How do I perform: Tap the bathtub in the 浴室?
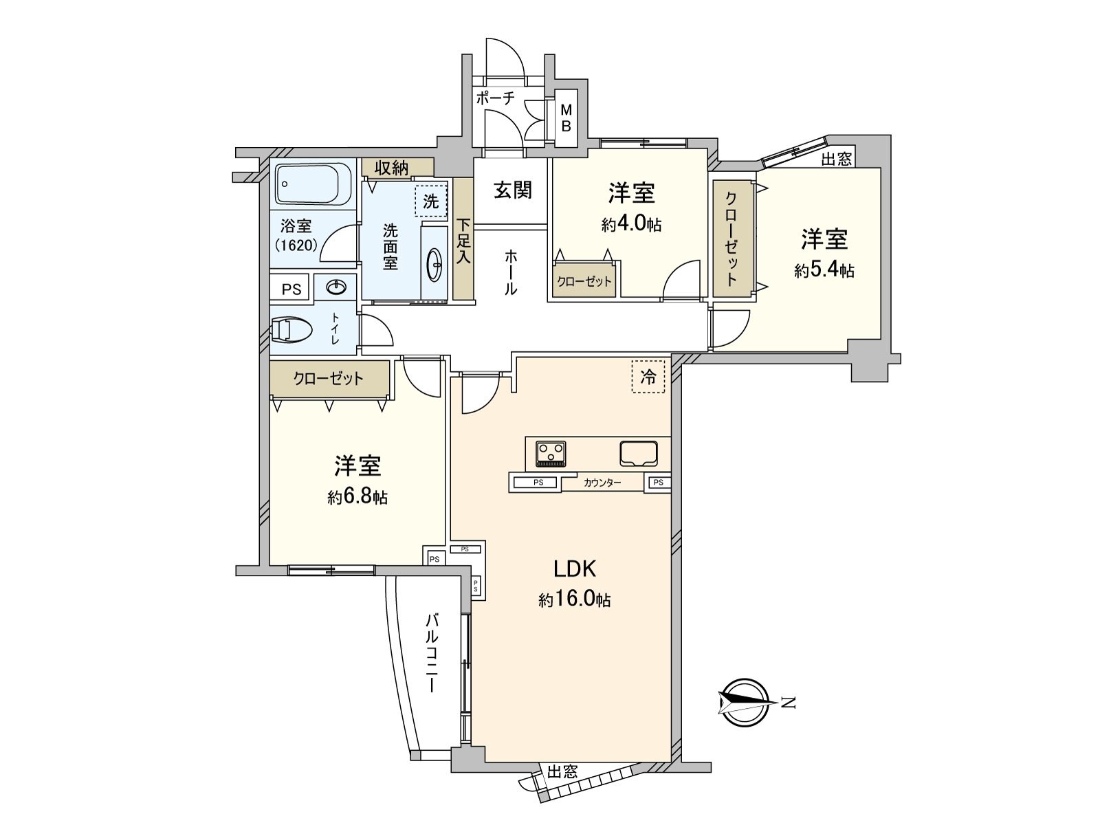tap(313, 184)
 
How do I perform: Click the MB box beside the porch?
tap(566, 118)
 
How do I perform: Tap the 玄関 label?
tap(513, 190)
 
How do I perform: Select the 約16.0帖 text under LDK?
tap(575, 599)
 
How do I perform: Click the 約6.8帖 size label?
tap(357, 496)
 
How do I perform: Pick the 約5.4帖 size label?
tap(824, 271)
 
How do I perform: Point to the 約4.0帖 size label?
tap(631, 224)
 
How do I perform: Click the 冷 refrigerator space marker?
tap(648, 376)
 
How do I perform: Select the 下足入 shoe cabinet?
tap(464, 241)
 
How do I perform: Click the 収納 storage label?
tap(392, 167)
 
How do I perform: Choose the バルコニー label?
tap(432, 653)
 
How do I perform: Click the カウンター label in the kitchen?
tap(602, 483)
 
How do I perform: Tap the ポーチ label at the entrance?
tap(496, 98)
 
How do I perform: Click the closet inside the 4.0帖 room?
tap(584, 281)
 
